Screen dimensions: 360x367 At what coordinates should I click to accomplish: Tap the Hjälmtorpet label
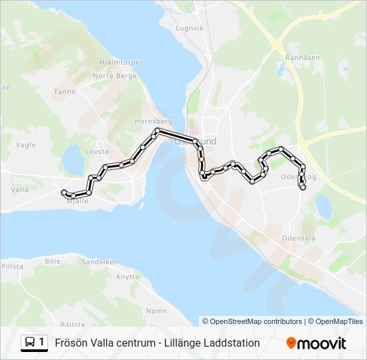[x=121, y=62]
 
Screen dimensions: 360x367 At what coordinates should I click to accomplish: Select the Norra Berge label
[x=114, y=76]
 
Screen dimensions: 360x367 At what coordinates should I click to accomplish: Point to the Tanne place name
[x=65, y=92]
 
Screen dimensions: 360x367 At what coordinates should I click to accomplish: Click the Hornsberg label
[x=153, y=122]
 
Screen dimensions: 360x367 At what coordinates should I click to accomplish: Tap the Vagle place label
[x=25, y=145]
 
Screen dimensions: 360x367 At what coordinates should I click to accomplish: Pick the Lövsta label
[x=97, y=151]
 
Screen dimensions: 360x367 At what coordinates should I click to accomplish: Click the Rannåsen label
[x=299, y=57]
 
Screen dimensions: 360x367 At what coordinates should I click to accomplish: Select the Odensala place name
[x=298, y=237]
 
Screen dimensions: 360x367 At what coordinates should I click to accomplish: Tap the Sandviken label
[x=99, y=262]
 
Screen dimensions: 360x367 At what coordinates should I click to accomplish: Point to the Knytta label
[x=127, y=277]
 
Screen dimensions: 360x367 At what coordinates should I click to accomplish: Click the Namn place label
[x=156, y=311]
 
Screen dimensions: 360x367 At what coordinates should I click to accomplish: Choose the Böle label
[x=53, y=262]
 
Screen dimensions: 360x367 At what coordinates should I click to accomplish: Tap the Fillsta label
[x=12, y=266]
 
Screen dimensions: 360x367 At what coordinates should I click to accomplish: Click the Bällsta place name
[x=72, y=323]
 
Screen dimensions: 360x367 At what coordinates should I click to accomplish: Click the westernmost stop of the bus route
[x=64, y=193]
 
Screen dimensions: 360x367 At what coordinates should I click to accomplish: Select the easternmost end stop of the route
[x=303, y=188]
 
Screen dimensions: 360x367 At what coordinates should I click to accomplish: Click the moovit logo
[x=316, y=343]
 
